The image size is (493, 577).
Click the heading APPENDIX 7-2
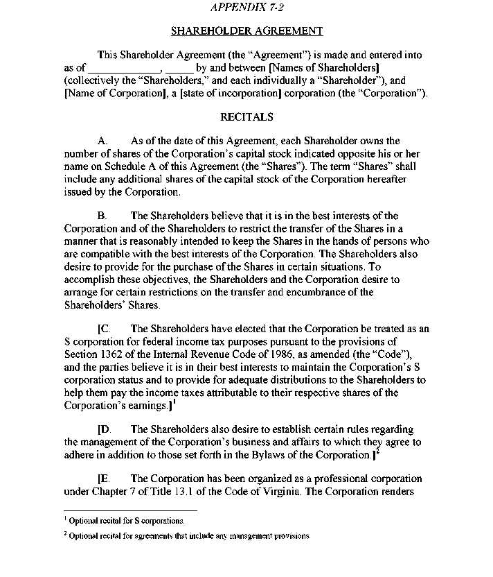click(247, 8)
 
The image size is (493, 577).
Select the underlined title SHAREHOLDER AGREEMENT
click(247, 31)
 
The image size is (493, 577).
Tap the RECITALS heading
click(247, 117)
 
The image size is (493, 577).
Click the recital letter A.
click(102, 141)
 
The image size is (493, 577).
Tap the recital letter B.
click(102, 216)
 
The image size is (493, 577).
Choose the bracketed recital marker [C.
click(105, 329)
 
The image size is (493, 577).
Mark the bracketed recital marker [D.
click(105, 430)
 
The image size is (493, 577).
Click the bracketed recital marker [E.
click(105, 480)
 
